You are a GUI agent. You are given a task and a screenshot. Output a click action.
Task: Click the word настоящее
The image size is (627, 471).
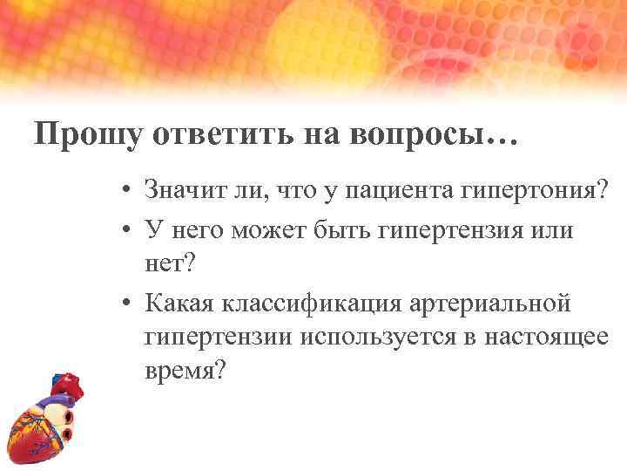pyautogui.click(x=547, y=336)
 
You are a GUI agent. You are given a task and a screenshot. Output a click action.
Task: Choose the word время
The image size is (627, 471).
pyautogui.click(x=185, y=369)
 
